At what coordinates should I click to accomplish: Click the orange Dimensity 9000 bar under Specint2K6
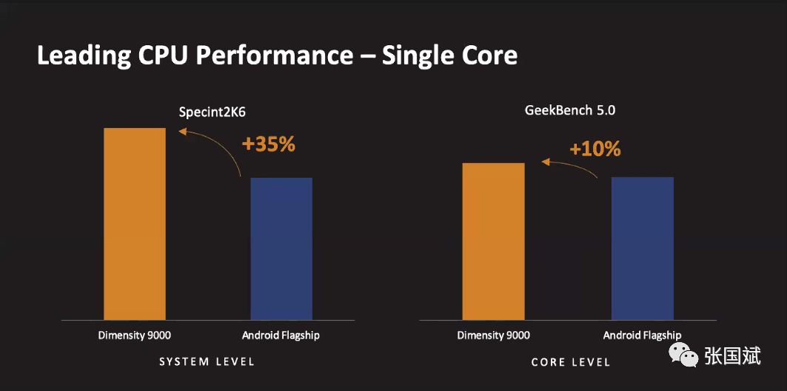(134, 224)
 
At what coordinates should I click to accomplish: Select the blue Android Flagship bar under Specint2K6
(281, 249)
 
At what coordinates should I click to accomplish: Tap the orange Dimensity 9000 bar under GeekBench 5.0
(493, 241)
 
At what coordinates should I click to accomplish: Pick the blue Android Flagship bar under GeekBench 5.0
(642, 248)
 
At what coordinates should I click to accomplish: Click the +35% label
(268, 144)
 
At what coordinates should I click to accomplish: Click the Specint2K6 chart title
(212, 113)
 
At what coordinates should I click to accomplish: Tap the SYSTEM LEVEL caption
(207, 361)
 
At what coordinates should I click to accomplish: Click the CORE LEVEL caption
(571, 362)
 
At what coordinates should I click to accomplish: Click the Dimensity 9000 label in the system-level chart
(135, 335)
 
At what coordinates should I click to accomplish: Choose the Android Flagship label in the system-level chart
(281, 335)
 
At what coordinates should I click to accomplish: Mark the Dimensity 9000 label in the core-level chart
(494, 335)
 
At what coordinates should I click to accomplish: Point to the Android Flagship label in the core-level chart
(642, 335)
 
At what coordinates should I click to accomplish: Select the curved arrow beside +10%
(572, 166)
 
